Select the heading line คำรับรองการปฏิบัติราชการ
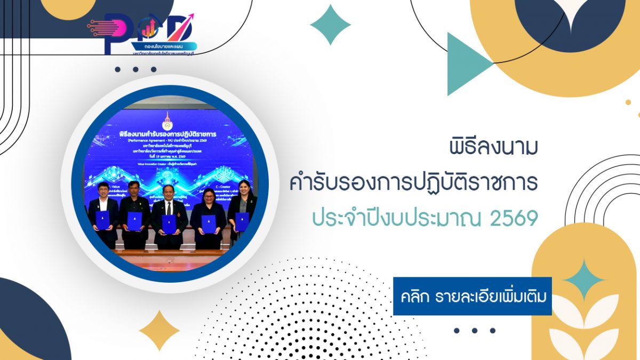413,183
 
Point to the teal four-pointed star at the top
331,25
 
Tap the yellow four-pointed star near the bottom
159,331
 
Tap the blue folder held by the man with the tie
169,224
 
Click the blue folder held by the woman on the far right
241,221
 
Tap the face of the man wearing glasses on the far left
103,190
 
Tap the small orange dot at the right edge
628,102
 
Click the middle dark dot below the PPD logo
135,69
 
